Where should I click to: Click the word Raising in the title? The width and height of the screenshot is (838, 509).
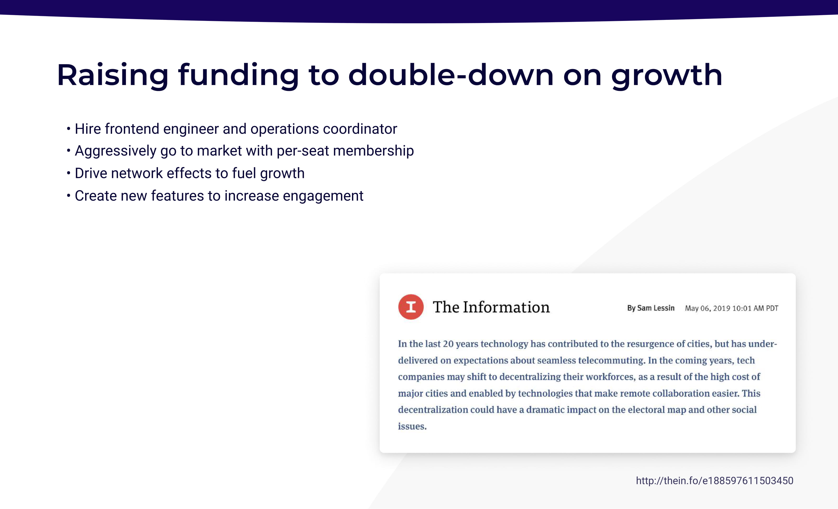[113, 75]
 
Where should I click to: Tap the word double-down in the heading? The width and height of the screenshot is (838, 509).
[451, 75]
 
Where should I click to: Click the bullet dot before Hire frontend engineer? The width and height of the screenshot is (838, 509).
[68, 129]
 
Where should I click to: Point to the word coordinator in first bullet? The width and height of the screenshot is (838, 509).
[360, 129]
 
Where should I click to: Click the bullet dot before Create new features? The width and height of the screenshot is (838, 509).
[68, 196]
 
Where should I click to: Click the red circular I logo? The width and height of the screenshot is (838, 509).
[411, 307]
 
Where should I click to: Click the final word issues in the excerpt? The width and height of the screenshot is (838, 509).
[412, 426]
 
